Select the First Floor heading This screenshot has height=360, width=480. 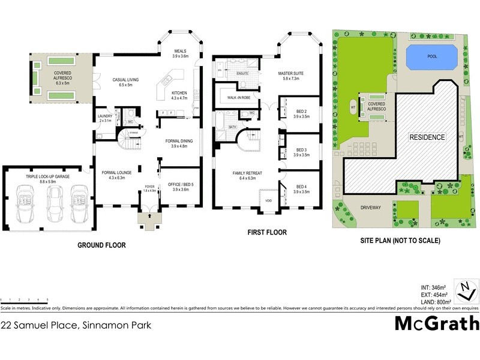click(x=268, y=232)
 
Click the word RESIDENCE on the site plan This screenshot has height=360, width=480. click(x=427, y=137)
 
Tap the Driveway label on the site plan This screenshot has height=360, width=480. click(x=371, y=208)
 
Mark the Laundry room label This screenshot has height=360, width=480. click(x=105, y=118)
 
